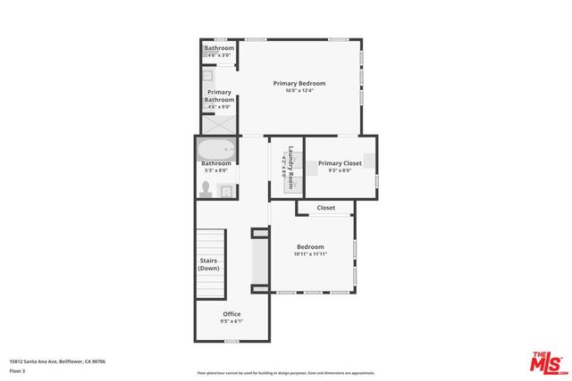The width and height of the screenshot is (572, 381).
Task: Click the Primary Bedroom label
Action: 299,83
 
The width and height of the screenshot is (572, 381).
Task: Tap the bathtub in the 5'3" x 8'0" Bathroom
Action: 216,150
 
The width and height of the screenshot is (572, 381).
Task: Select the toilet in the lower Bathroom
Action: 206,188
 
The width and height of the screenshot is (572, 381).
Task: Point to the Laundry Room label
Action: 291,163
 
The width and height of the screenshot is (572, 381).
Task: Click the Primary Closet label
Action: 340,163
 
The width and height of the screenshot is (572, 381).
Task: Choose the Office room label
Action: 231,313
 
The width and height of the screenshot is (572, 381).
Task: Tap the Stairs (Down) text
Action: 209,264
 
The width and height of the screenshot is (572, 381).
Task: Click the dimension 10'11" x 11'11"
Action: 310,254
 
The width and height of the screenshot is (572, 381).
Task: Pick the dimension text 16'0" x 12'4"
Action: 299,90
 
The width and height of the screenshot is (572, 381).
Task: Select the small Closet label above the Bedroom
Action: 325,208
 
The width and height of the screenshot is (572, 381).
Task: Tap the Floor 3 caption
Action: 18,369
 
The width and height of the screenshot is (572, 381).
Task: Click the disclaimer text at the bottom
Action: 286,373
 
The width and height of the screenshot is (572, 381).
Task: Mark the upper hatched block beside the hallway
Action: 260,234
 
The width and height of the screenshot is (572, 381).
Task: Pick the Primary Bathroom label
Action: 220,95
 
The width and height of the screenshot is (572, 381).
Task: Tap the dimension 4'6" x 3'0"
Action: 219,55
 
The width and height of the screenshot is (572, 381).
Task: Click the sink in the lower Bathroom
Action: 226,190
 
